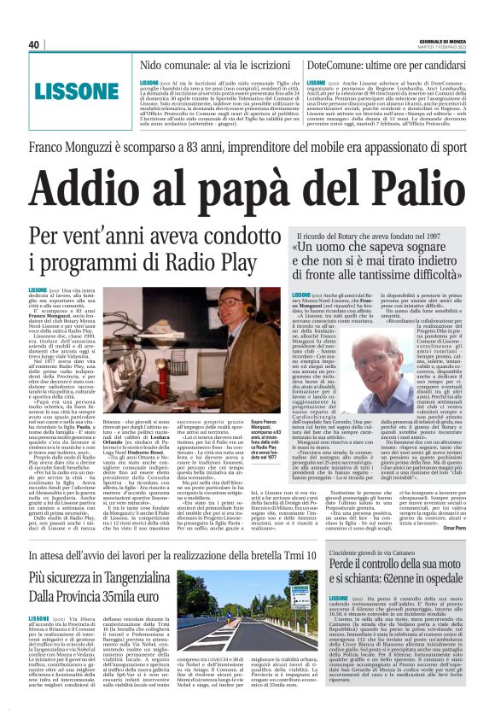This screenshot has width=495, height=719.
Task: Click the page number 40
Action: (x=34, y=44)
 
